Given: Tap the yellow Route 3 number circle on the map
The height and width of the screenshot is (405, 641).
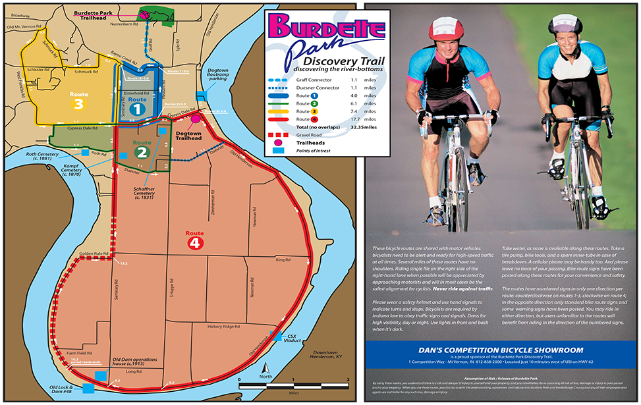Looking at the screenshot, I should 79,104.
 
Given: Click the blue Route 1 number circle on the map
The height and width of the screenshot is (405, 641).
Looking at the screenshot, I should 138,110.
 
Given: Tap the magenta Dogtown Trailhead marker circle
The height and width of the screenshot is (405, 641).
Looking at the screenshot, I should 196,120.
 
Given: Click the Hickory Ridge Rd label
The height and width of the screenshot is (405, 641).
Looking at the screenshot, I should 223,327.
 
